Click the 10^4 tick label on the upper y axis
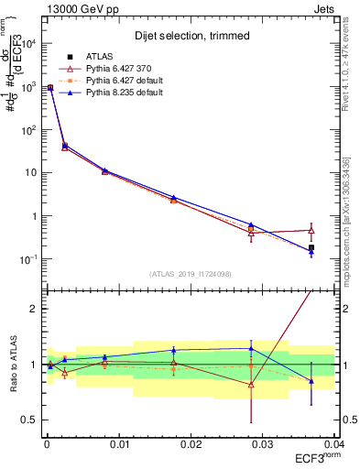click(27, 42)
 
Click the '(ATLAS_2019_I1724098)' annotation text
click(191, 274)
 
